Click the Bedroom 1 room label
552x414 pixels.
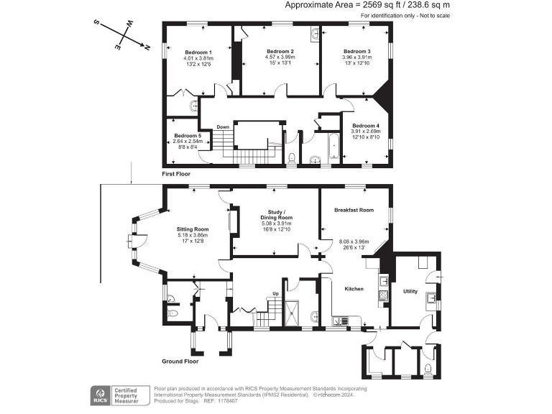pyautogui.click(x=198, y=52)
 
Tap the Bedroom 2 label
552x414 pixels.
pyautogui.click(x=280, y=52)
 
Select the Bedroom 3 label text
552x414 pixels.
pyautogui.click(x=356, y=52)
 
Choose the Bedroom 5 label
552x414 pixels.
pyautogui.click(x=188, y=136)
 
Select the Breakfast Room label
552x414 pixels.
pyautogui.click(x=354, y=210)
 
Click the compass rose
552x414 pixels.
pyautogui.click(x=121, y=34)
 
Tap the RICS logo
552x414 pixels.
pyautogui.click(x=101, y=395)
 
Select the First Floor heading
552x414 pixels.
pyautogui.click(x=177, y=174)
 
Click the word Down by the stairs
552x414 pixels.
pyautogui.click(x=223, y=127)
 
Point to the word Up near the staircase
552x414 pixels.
pyautogui.click(x=275, y=293)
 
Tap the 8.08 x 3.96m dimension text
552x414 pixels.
pyautogui.click(x=354, y=241)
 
